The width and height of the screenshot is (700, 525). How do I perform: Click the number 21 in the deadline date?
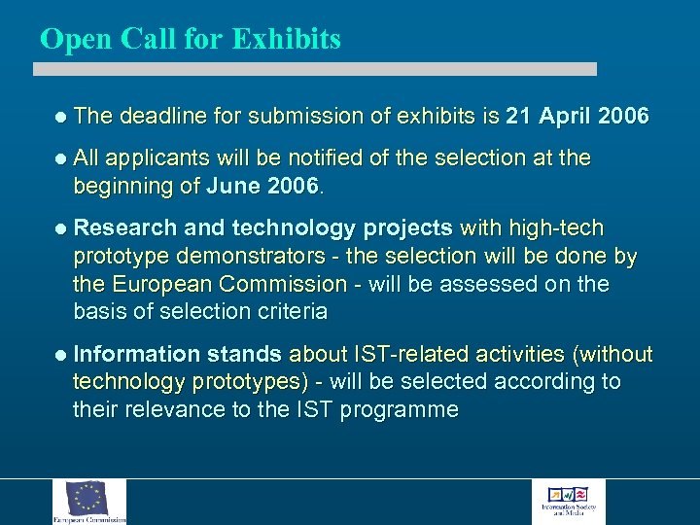click(520, 117)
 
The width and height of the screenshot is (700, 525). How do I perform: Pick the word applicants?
click(157, 158)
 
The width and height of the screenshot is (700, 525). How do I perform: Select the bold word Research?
click(125, 228)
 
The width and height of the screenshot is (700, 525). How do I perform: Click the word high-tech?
click(551, 228)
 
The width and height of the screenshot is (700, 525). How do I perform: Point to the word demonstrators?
click(263, 257)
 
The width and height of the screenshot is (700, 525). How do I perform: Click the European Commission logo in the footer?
click(89, 502)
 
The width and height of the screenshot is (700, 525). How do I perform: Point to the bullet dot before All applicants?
click(62, 158)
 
